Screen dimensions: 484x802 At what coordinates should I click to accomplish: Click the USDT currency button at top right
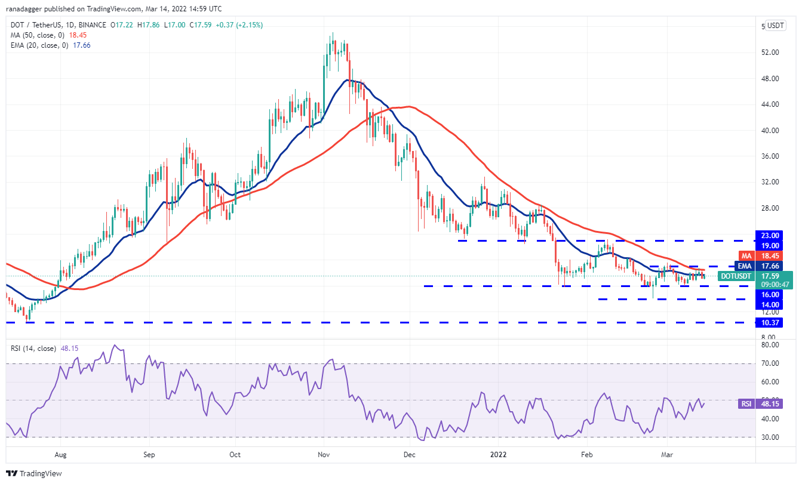pos(776,26)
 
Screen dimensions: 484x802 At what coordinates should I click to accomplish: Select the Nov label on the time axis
pos(324,454)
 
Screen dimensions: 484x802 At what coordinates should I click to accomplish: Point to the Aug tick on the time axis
pos(61,454)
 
